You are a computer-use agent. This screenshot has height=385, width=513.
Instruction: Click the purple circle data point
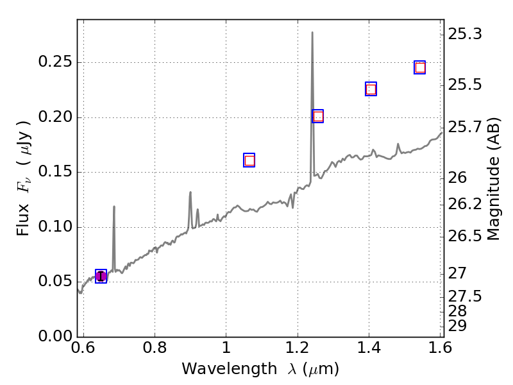coord(101,276)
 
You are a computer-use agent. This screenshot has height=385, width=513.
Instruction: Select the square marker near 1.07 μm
coord(249,160)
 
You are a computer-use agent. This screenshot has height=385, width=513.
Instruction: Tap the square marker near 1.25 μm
coord(317,116)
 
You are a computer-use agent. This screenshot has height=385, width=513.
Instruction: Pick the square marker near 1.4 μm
coord(371,89)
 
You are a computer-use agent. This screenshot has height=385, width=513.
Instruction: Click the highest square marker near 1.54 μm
coord(420,67)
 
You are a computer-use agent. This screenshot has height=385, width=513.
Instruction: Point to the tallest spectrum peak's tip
coord(312,32)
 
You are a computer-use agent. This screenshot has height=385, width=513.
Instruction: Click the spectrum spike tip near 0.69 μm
coord(114,207)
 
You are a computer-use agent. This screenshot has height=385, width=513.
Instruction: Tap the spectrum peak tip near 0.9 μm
coord(190,192)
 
